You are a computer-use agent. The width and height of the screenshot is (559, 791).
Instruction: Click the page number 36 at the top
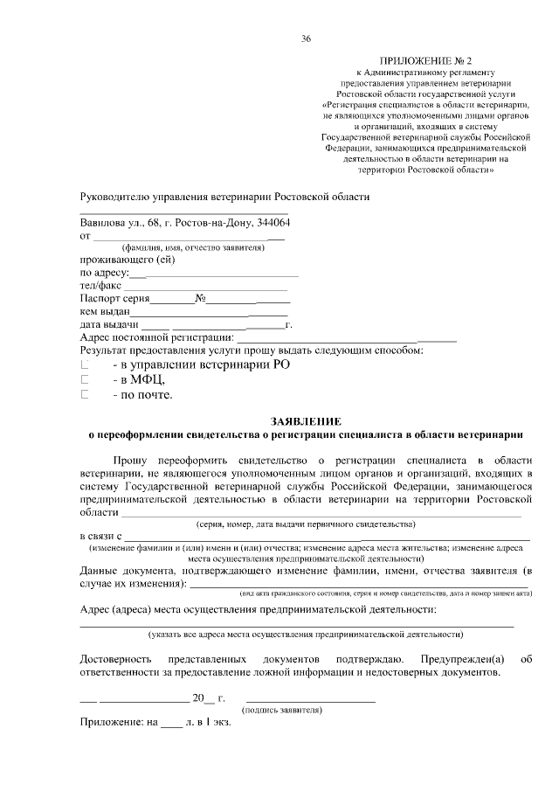pyautogui.click(x=306, y=39)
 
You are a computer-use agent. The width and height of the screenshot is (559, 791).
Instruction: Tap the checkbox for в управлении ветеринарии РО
pyautogui.click(x=86, y=364)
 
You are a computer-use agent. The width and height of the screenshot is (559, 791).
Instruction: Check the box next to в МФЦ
pyautogui.click(x=86, y=380)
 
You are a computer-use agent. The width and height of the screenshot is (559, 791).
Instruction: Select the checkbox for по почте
pyautogui.click(x=86, y=395)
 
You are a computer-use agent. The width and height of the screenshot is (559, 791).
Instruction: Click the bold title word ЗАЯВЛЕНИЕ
pyautogui.click(x=305, y=421)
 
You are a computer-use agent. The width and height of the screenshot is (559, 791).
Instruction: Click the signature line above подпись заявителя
pyautogui.click(x=311, y=702)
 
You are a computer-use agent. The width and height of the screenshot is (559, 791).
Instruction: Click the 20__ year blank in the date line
pyautogui.click(x=204, y=698)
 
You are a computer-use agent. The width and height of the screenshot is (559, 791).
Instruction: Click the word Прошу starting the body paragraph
pyautogui.click(x=129, y=460)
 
